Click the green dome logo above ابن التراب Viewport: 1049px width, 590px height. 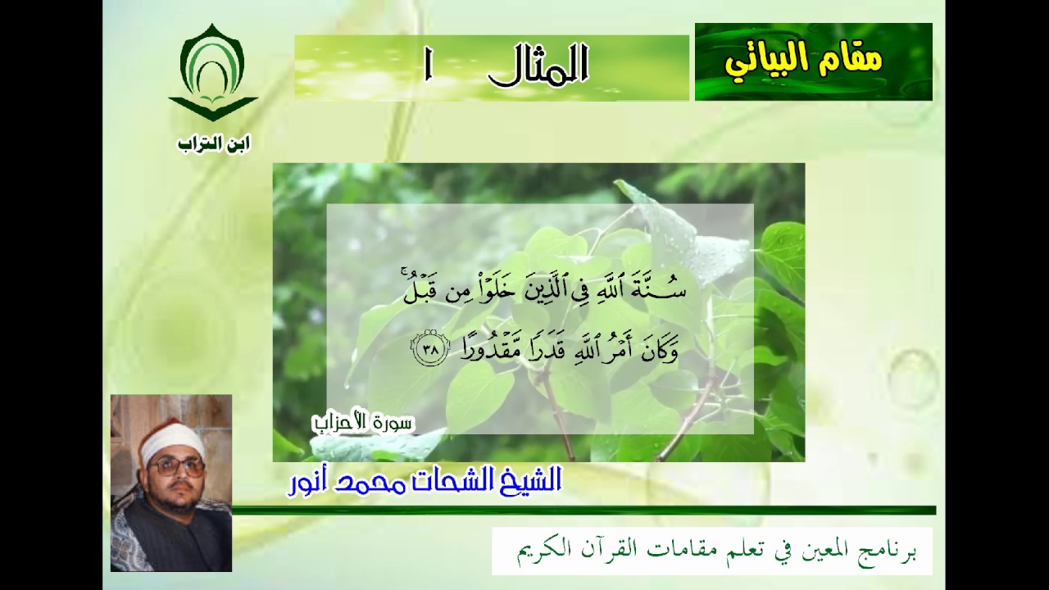click(x=213, y=74)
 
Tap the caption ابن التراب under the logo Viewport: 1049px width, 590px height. click(x=213, y=144)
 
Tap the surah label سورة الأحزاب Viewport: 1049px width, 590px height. click(x=363, y=422)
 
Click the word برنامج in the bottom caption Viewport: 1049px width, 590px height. click(x=888, y=550)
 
